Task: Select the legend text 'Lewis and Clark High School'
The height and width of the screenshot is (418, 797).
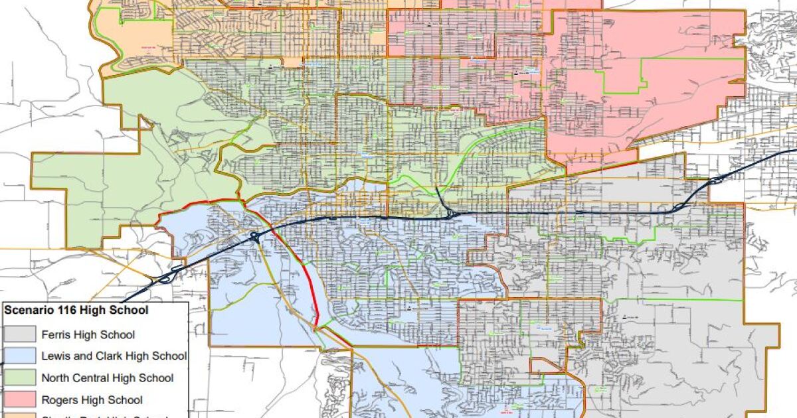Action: click(114, 356)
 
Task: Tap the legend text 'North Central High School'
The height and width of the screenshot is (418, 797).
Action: click(108, 378)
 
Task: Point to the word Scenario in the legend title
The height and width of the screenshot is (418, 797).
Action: click(26, 310)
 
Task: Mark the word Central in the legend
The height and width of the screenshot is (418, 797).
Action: click(92, 378)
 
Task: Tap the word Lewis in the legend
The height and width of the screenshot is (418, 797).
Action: click(54, 356)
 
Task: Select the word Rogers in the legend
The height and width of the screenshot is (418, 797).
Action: click(59, 400)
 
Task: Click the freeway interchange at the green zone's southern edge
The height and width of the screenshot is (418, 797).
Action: click(449, 213)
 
